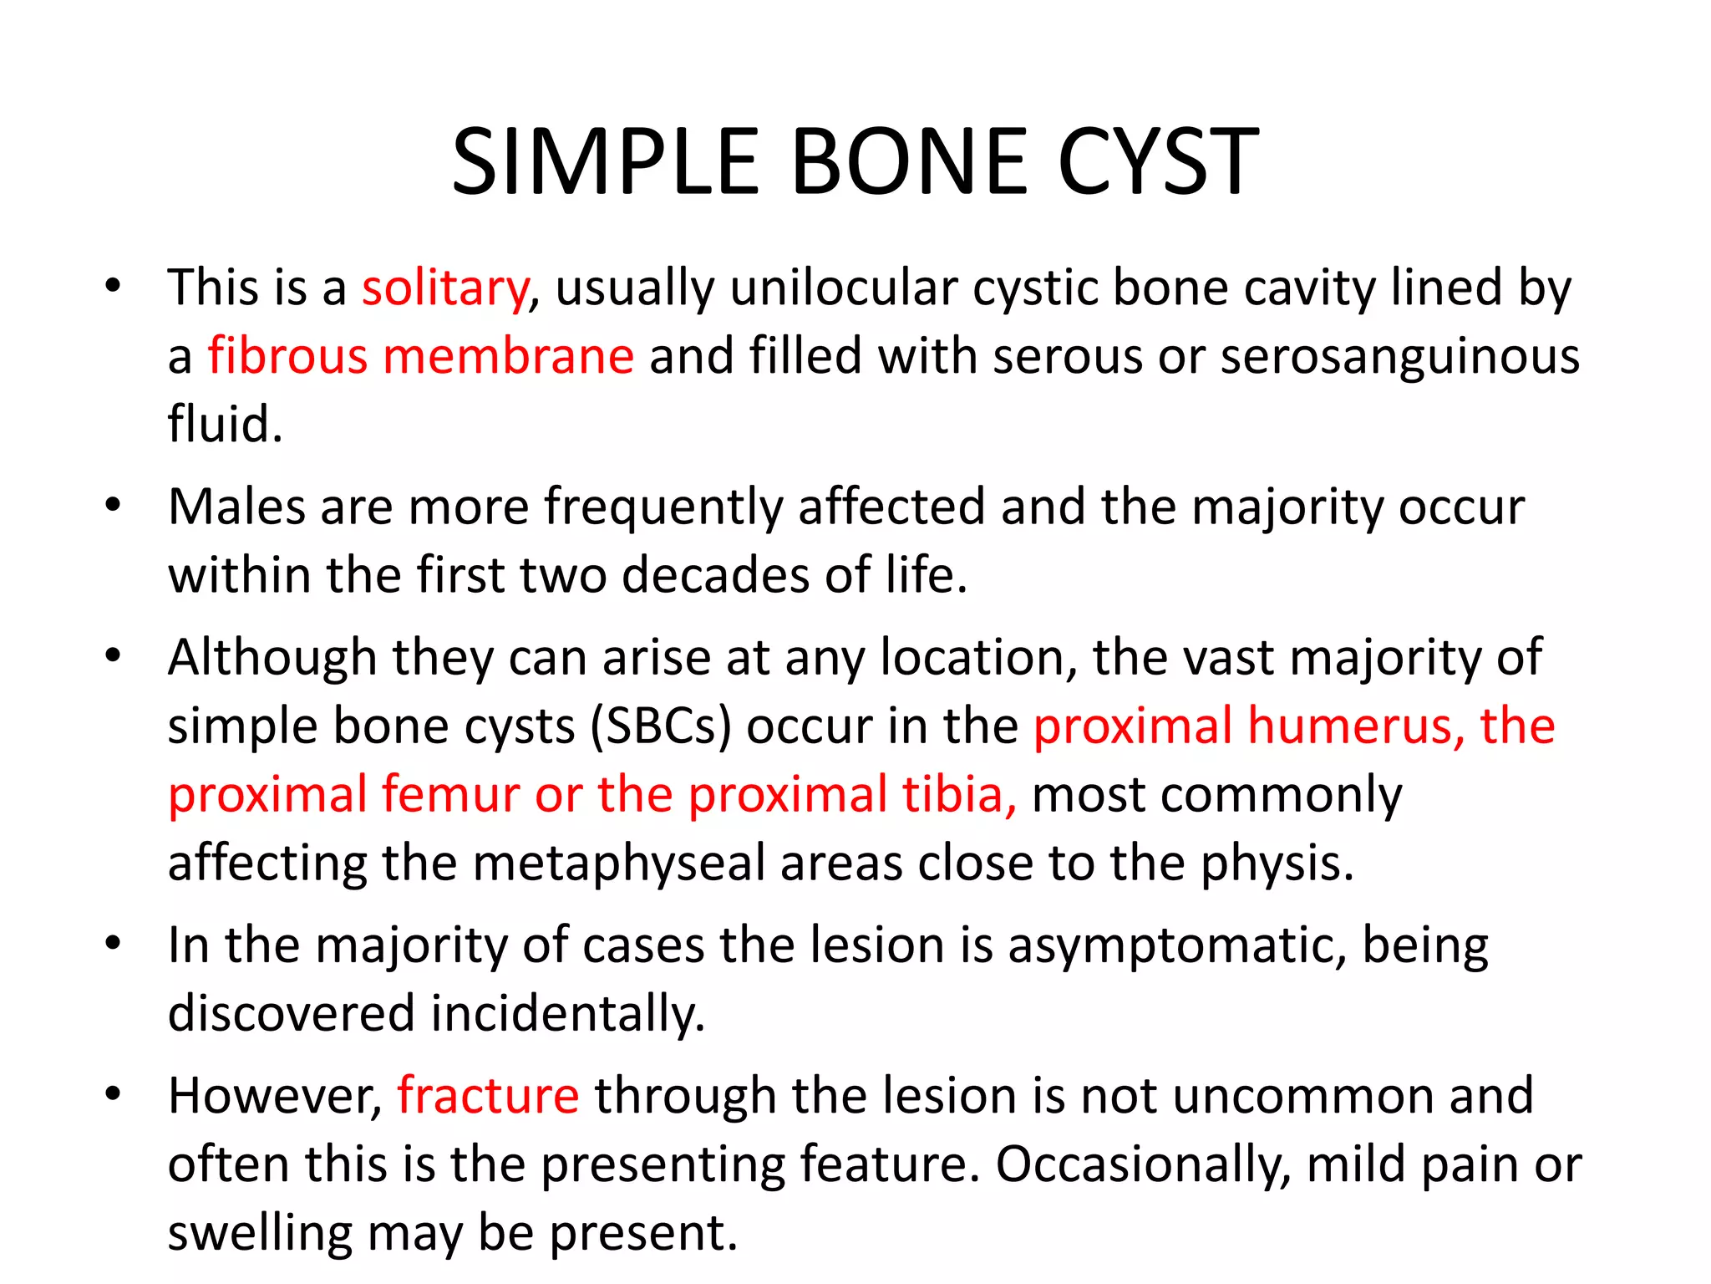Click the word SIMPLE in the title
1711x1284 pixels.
coord(605,162)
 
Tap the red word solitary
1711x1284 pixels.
coord(445,288)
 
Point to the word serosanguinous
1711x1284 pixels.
coord(1400,356)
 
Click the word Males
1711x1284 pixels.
coord(236,507)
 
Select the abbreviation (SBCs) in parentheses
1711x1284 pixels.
coord(661,726)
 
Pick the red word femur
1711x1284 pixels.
coord(451,794)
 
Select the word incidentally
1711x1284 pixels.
coord(568,1014)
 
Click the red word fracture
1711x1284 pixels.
coord(488,1096)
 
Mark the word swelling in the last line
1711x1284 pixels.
coord(260,1233)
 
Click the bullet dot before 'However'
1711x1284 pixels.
coord(114,1093)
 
